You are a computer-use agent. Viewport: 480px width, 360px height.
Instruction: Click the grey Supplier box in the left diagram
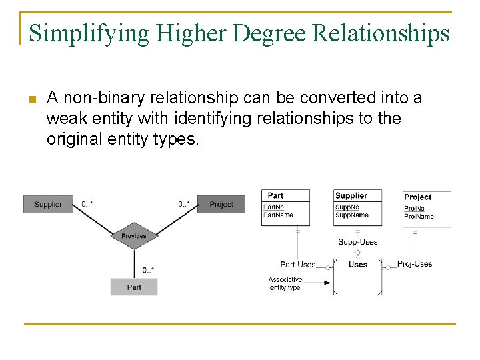[x=48, y=204]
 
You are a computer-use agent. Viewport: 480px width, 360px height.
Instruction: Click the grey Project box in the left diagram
[x=221, y=204]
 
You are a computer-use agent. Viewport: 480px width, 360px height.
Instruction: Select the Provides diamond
[x=133, y=235]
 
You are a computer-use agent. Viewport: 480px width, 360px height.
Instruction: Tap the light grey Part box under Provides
[x=134, y=287]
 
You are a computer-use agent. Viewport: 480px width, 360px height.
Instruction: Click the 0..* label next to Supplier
[x=87, y=204]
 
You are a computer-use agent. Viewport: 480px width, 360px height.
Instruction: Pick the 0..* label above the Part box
[x=148, y=270]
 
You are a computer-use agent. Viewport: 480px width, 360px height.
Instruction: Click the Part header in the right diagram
[x=275, y=195]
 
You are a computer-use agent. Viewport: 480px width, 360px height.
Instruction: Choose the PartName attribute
[x=278, y=215]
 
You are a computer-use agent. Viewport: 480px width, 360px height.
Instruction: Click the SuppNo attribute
[x=347, y=207]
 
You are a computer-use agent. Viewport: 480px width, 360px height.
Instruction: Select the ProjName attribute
[x=419, y=216]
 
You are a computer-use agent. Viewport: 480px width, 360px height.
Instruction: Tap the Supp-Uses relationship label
[x=357, y=242]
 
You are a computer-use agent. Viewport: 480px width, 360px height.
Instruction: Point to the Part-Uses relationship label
[x=297, y=265]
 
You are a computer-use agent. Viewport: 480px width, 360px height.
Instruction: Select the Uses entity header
[x=357, y=265]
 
